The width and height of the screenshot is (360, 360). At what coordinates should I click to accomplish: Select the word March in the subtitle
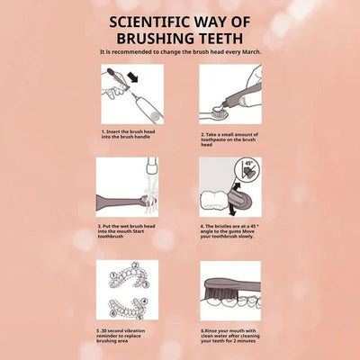(251, 52)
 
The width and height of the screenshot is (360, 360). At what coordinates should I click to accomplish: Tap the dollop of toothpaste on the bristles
(217, 106)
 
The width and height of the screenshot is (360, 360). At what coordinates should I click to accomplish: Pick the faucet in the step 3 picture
(152, 167)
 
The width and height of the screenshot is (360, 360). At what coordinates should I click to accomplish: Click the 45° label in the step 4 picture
(248, 164)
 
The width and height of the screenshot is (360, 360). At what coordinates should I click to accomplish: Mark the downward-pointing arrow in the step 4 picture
(231, 210)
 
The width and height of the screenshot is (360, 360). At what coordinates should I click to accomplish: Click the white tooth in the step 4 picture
(214, 201)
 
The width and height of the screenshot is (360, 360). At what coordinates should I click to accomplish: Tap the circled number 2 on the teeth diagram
(136, 265)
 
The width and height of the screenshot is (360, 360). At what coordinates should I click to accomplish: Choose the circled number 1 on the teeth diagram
(113, 275)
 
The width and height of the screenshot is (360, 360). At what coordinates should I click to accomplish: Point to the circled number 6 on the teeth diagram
(112, 314)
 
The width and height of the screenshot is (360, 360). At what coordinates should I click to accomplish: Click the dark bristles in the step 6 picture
(221, 293)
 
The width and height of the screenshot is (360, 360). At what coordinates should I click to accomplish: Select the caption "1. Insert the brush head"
(129, 131)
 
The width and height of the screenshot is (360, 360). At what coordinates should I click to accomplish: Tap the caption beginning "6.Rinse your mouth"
(230, 336)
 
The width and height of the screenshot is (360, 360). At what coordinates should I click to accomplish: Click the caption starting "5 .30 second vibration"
(121, 336)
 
